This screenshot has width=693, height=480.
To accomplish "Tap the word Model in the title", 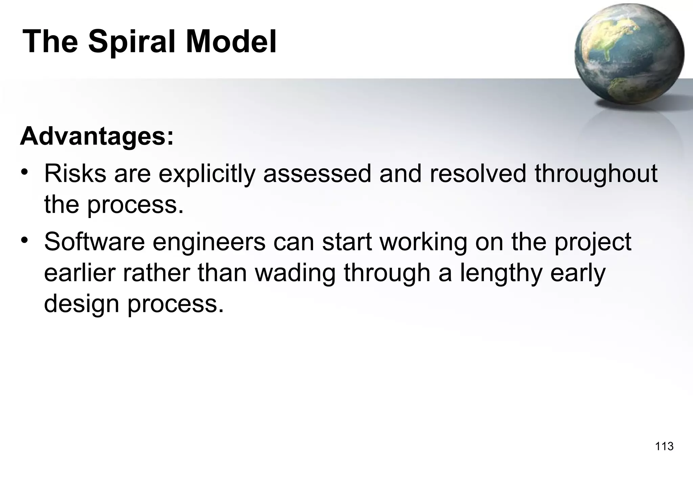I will (x=231, y=42).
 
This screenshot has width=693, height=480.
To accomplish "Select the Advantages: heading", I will (x=97, y=136).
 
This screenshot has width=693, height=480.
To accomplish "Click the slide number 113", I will (x=664, y=446).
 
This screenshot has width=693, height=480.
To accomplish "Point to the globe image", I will (x=629, y=54).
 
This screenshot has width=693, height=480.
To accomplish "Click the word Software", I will (x=94, y=242).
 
